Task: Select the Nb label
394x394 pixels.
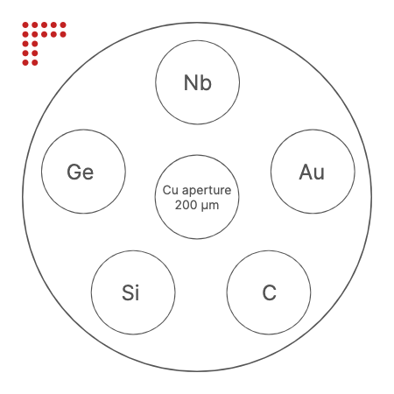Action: click(x=198, y=83)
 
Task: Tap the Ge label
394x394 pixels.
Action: click(x=81, y=172)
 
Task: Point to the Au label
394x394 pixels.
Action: click(x=312, y=172)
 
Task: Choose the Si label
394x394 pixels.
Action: click(x=130, y=292)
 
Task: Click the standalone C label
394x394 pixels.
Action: click(x=269, y=292)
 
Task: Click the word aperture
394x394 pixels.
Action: click(x=207, y=191)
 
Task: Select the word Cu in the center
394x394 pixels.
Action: click(x=171, y=190)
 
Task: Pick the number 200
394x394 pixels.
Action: click(x=186, y=205)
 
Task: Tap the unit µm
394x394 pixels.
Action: click(x=209, y=206)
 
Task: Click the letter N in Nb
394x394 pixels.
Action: click(x=191, y=82)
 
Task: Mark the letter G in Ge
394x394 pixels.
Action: click(x=74, y=172)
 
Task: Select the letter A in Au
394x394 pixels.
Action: click(x=306, y=172)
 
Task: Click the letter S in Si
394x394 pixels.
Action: click(x=128, y=292)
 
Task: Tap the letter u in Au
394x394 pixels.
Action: click(x=320, y=173)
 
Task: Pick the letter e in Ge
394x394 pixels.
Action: click(x=88, y=173)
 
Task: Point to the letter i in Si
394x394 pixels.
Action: click(x=137, y=292)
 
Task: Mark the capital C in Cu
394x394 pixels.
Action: click(x=166, y=190)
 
